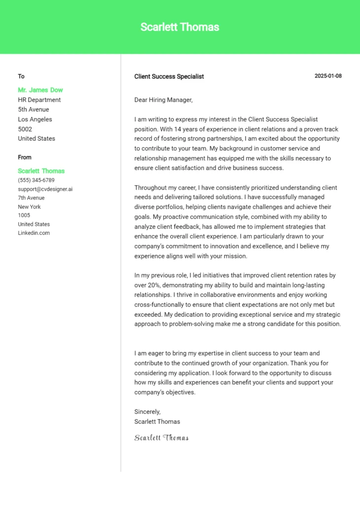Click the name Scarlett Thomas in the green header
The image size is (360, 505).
180,27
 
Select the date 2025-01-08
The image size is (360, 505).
328,76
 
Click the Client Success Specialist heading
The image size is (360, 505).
169,76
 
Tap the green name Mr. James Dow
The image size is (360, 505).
40,90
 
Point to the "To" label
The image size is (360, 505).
21,76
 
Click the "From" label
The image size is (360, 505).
25,157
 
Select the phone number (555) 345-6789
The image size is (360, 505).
36,180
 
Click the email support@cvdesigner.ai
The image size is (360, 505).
45,189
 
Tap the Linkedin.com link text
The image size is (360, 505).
34,233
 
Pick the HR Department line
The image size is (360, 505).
39,100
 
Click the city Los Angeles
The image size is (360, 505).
35,119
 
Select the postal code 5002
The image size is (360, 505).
25,129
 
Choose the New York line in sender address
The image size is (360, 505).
30,207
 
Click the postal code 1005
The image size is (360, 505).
24,215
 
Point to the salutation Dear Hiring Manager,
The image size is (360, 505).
163,100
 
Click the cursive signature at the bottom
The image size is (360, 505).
161,438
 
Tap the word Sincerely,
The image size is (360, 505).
147,412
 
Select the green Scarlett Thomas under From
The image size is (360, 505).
41,171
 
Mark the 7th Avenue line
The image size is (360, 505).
31,198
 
